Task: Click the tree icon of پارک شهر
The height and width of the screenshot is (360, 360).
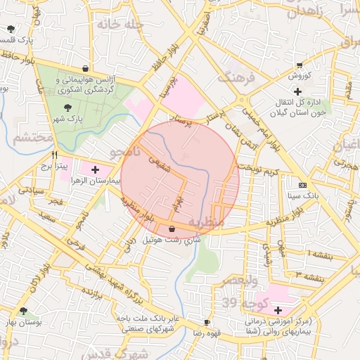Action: click(x=68, y=108)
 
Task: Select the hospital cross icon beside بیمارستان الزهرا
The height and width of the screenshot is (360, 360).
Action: click(x=96, y=169)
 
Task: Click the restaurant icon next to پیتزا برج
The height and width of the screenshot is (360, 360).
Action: click(x=54, y=155)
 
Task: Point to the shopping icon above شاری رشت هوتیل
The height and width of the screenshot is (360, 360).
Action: click(x=172, y=229)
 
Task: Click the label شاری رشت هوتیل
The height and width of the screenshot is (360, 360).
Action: click(x=172, y=240)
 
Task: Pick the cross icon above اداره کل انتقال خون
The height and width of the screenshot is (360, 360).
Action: click(x=297, y=91)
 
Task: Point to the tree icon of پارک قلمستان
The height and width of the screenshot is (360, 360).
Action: click(x=11, y=29)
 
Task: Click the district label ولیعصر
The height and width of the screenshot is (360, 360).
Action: click(x=241, y=281)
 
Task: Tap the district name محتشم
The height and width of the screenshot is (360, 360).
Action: click(x=32, y=138)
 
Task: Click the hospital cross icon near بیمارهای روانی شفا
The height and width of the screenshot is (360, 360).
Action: click(x=278, y=310)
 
